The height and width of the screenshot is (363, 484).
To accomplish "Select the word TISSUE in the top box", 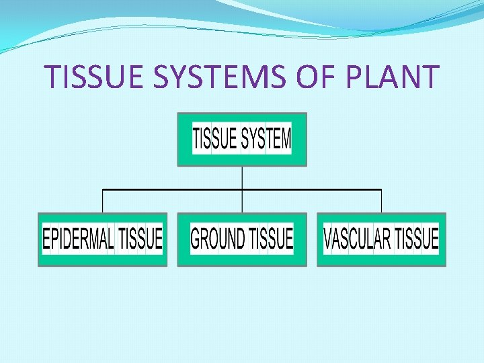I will coord(215,139).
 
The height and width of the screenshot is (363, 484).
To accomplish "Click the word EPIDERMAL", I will coord(78,239).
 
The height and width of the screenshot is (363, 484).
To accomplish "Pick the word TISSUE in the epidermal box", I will coord(140,239).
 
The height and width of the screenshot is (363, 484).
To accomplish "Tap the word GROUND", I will coord(218,239).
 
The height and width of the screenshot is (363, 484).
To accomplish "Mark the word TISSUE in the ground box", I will coord(271,239).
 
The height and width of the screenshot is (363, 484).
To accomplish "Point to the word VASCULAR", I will coord(357,239).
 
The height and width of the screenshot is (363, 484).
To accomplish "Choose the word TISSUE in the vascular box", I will coord(416,239).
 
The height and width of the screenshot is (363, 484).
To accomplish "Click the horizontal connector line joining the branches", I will coord(175,190).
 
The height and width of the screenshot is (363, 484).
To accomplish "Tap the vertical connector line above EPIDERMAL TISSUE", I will coord(102,202).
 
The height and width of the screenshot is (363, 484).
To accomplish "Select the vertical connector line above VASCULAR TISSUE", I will coord(381,202).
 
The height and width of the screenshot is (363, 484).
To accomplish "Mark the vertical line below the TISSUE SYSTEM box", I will coord(242,177).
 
